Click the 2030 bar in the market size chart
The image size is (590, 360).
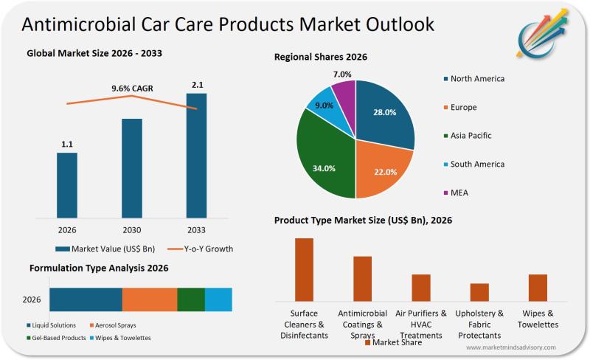(x=132, y=168)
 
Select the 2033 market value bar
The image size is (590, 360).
(x=196, y=156)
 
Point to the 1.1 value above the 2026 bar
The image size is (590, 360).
(x=67, y=144)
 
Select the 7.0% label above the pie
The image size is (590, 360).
(x=342, y=74)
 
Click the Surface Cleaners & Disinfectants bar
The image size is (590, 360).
(x=304, y=269)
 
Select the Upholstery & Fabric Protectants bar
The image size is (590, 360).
(x=479, y=292)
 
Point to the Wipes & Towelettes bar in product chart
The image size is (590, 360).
(x=538, y=288)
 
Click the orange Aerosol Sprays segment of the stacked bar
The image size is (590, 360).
(x=150, y=300)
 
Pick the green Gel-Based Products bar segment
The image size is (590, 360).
(x=191, y=300)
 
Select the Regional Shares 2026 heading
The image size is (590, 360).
(x=321, y=57)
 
